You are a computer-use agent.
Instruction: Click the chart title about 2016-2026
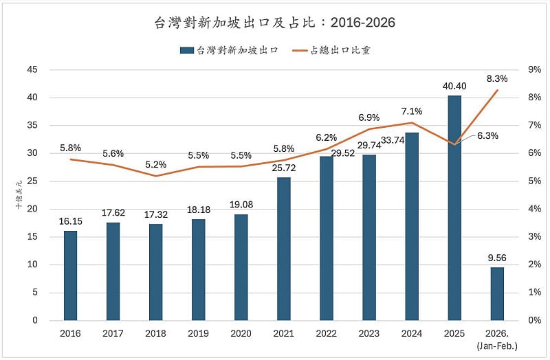coord(274,23)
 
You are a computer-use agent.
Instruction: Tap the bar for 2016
coord(71,275)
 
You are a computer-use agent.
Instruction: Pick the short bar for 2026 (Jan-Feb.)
coord(496,293)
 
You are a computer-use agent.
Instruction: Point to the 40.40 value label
coord(454,86)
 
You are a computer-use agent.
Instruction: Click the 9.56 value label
coord(497,258)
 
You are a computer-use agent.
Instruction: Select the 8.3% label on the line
coord(497,79)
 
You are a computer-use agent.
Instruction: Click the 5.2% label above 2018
coord(156,165)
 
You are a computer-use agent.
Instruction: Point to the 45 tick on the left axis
coord(32,69)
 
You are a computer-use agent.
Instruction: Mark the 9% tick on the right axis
coord(533,69)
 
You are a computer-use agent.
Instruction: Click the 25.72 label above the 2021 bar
coord(283,168)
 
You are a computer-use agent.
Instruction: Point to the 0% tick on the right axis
coord(533,320)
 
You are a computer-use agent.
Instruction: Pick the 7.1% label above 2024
coord(412,111)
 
